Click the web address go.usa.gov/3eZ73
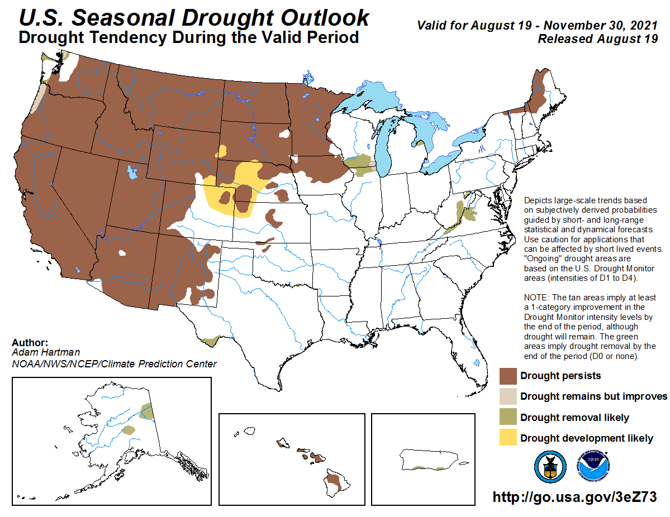[574, 497]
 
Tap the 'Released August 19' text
[597, 39]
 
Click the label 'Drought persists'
[560, 376]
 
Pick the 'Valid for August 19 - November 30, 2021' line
[537, 26]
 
